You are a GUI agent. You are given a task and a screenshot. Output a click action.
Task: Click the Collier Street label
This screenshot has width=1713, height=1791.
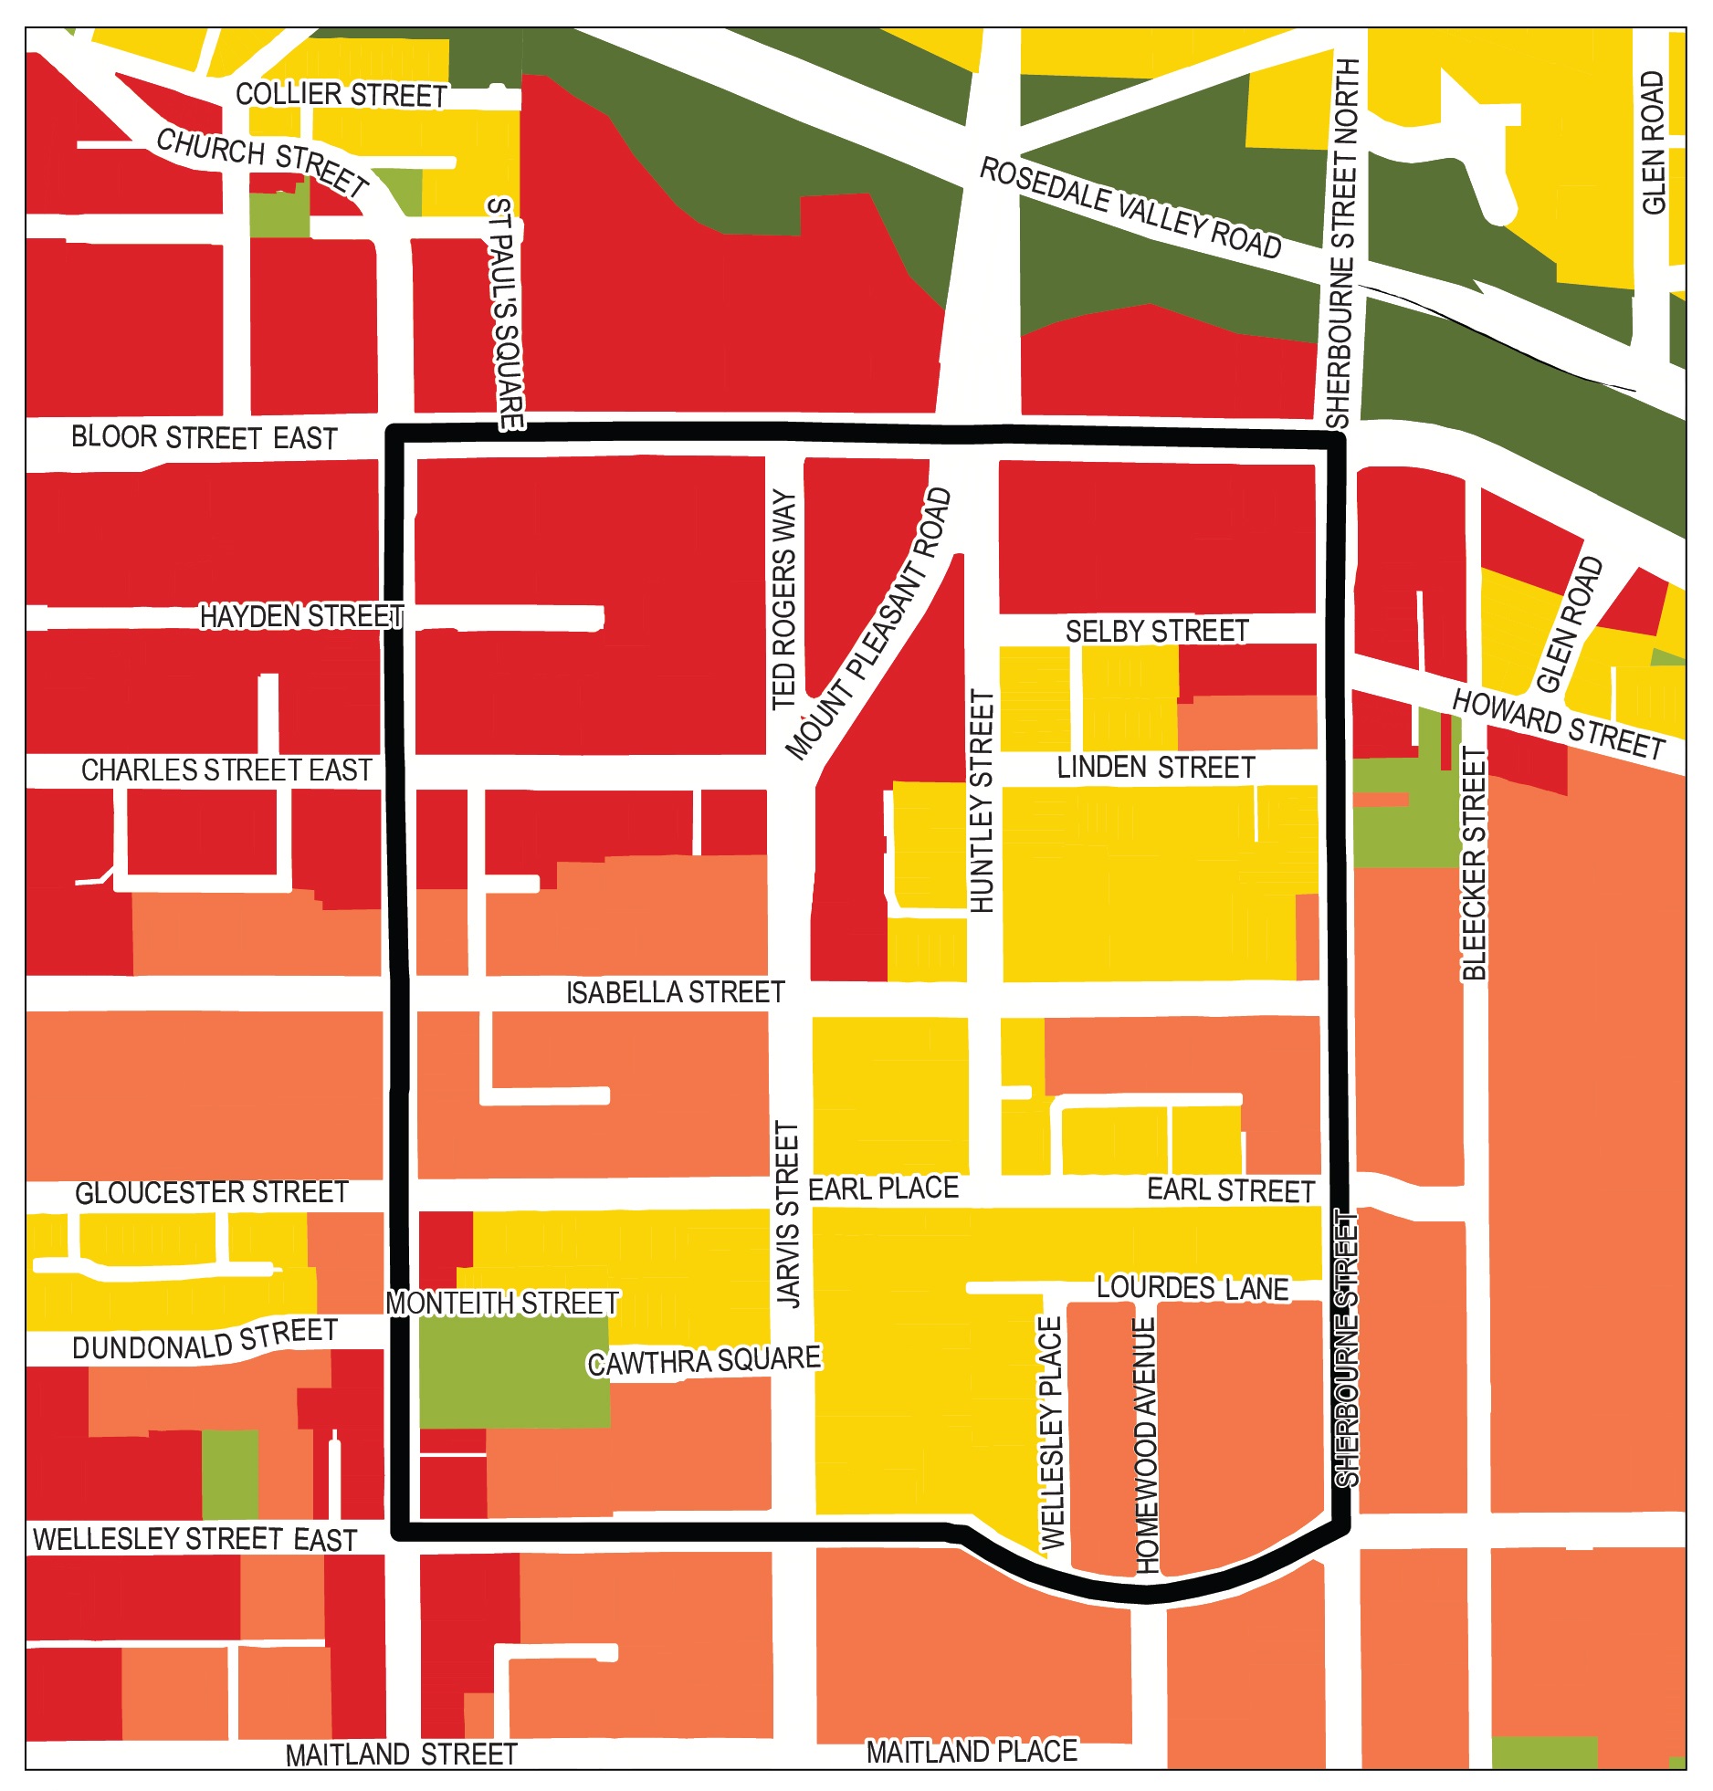pos(341,95)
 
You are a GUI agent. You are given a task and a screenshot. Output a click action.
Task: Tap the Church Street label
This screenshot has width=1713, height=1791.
pos(262,162)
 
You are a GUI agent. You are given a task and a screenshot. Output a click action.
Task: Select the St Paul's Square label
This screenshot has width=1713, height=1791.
pos(505,313)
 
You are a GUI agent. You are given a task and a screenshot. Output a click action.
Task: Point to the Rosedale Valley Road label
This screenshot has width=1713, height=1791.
pos(1130,209)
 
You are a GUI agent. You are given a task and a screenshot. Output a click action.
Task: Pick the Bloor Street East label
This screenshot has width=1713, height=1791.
pos(205,438)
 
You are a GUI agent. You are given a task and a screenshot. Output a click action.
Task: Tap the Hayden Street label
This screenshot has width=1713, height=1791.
pos(301,617)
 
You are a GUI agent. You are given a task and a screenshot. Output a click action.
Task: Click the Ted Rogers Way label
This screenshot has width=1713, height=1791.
pos(784,600)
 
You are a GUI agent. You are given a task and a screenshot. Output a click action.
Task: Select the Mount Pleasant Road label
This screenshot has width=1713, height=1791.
pos(870,623)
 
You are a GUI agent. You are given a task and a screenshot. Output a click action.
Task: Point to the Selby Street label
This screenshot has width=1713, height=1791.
pos(1156,632)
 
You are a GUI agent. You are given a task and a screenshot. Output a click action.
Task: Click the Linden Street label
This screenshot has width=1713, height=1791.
pos(1156,768)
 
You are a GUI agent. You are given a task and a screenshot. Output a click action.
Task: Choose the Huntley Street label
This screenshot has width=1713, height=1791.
pos(982,801)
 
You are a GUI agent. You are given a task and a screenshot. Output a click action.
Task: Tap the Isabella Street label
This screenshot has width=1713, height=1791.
pos(675,992)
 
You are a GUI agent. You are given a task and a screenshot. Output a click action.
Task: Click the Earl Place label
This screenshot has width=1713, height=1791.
pos(883,1189)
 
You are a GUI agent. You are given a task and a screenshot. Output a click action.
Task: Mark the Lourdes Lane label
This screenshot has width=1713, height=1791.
pos(1192,1288)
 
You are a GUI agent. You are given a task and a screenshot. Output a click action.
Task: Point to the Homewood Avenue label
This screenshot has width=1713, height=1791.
pos(1146,1445)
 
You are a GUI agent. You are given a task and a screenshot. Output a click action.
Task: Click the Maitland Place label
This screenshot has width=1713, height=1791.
pos(972,1752)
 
